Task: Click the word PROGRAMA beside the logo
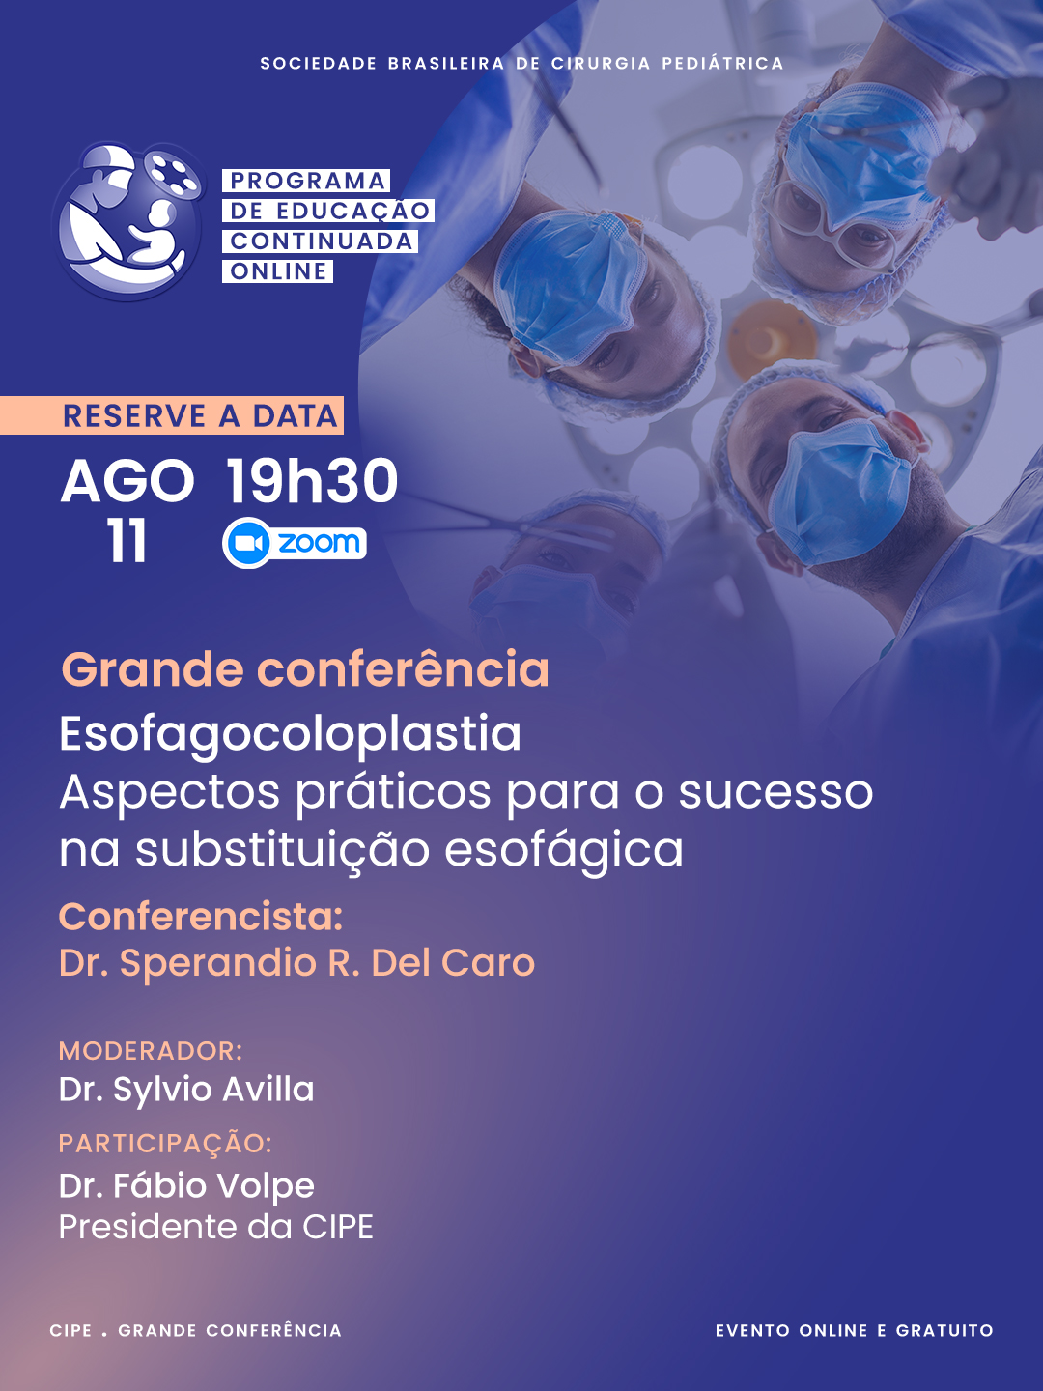[307, 181]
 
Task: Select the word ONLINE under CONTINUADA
[279, 271]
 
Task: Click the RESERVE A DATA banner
[171, 415]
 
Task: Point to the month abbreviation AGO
[127, 482]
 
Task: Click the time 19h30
[311, 481]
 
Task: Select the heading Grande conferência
[304, 669]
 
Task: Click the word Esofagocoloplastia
[290, 735]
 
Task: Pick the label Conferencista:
[201, 917]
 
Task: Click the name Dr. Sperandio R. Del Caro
[297, 963]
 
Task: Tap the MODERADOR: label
[151, 1051]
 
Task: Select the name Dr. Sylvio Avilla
[186, 1090]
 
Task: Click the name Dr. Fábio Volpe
[186, 1186]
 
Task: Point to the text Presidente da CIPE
[216, 1228]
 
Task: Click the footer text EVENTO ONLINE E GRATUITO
[855, 1330]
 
